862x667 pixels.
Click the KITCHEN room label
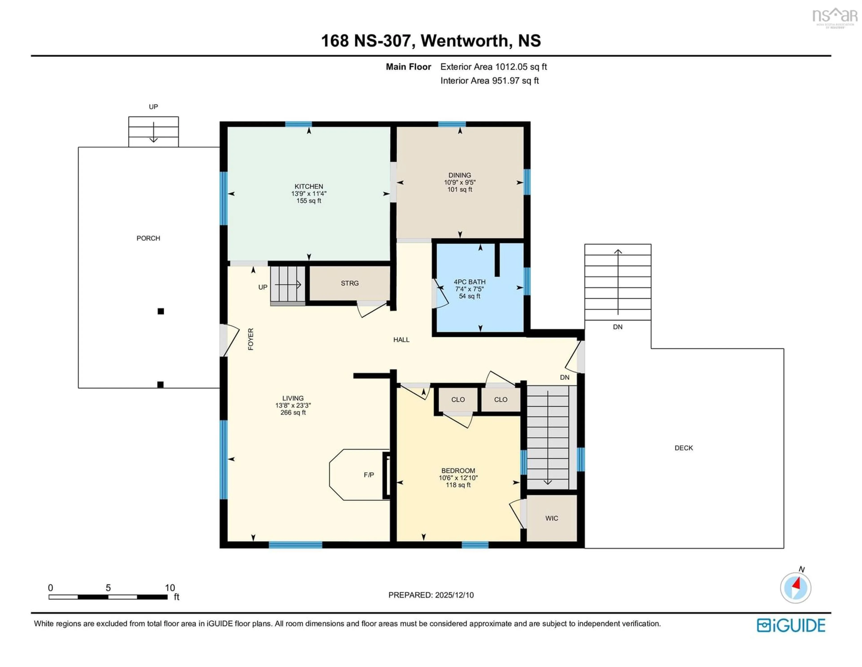(309, 186)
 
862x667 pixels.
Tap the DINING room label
(460, 175)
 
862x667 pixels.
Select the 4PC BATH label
(469, 282)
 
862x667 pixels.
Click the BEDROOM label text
(458, 471)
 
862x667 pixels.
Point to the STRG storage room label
(350, 283)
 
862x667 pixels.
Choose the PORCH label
(148, 238)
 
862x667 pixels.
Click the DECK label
(684, 448)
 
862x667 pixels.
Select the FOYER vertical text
(251, 339)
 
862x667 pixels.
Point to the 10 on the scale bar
(170, 588)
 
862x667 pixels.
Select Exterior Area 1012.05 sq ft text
(493, 67)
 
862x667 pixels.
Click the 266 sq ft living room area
(293, 413)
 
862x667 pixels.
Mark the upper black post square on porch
(161, 311)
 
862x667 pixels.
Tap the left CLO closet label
(458, 400)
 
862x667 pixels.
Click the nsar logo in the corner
(834, 17)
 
